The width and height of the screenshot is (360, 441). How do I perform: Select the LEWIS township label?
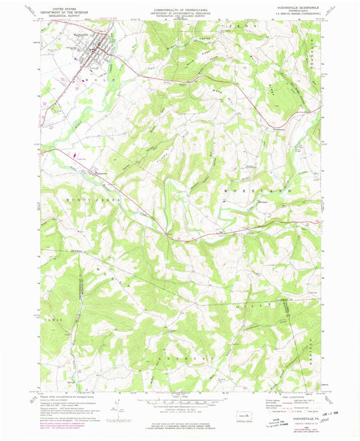pos(54,319)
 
